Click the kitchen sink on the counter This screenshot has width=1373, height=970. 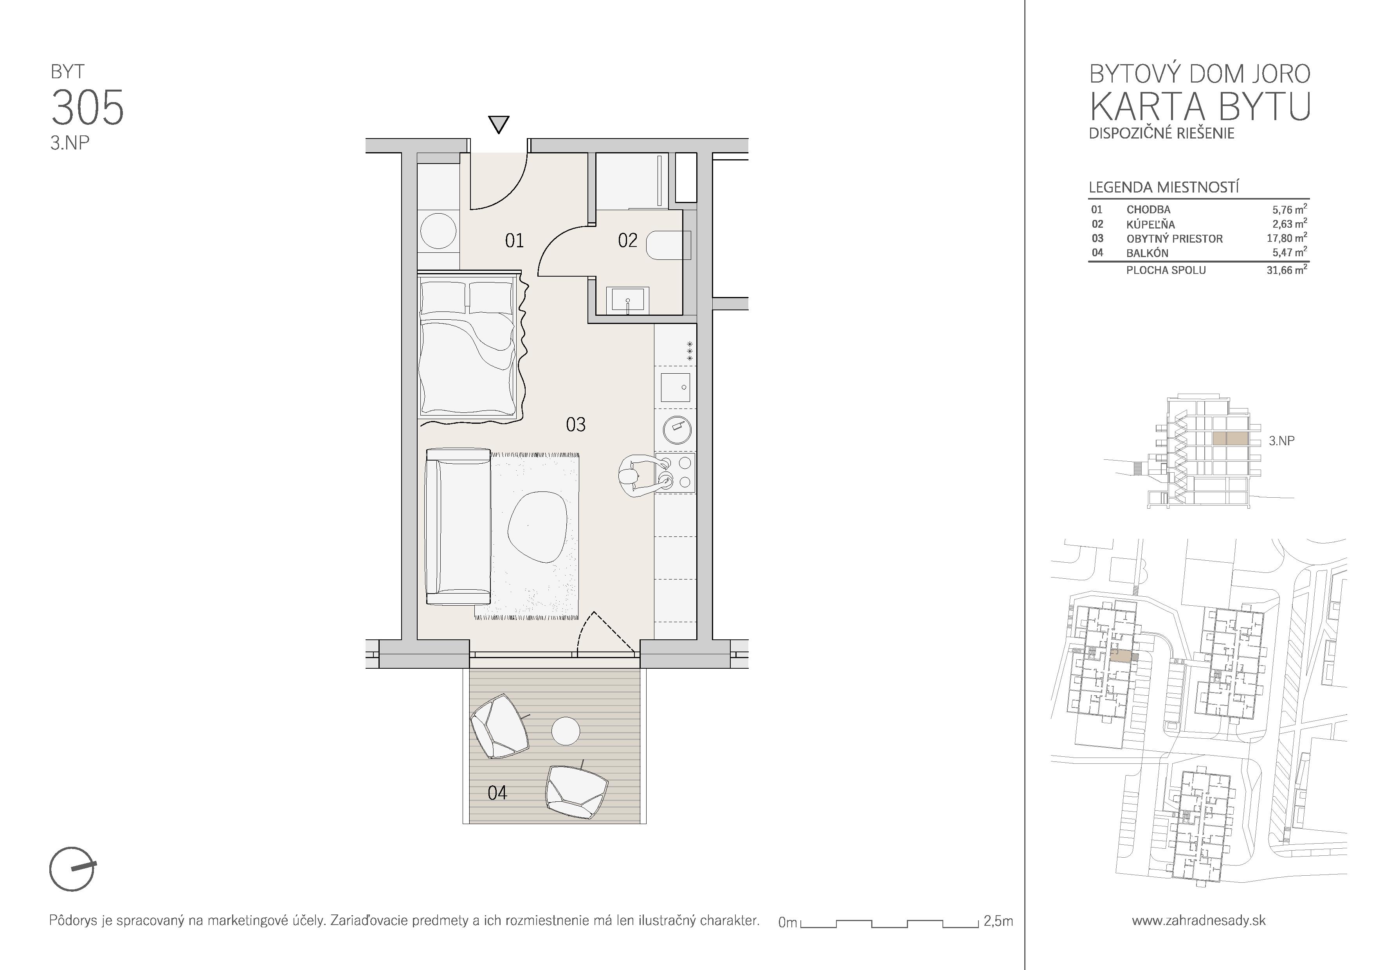coord(675,387)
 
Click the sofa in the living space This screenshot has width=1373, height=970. coord(458,527)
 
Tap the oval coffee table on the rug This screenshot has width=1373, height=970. coord(535,527)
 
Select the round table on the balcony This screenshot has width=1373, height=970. coord(565,731)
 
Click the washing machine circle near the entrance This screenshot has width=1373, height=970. coord(438,231)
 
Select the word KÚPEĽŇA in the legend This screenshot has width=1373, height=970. coord(1151,225)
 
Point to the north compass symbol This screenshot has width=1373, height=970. coord(72,869)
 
